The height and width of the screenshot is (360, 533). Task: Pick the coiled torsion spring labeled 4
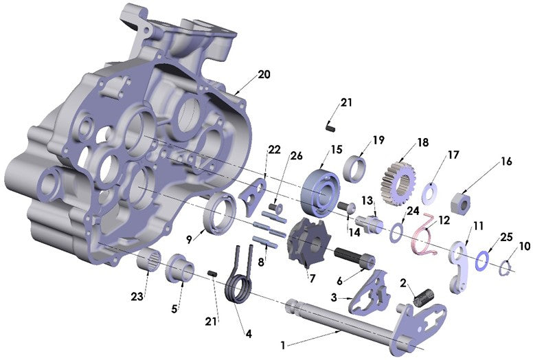coord(240,278)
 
